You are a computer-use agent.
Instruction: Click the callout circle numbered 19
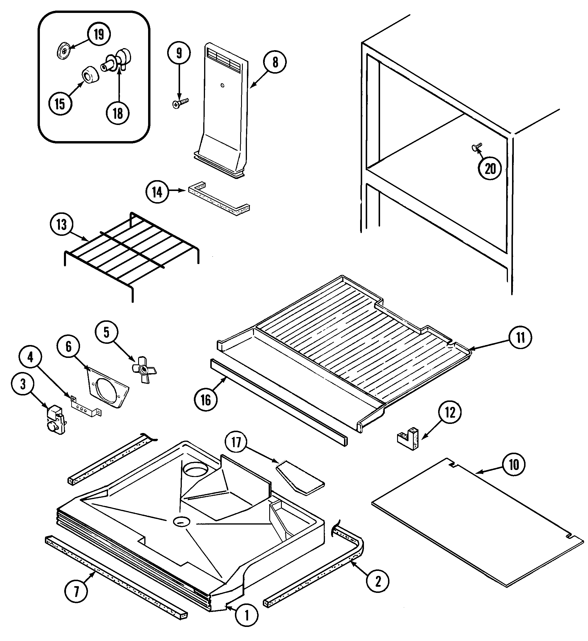point(99,34)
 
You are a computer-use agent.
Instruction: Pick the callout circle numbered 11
point(520,337)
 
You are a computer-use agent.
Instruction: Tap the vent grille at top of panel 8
point(222,59)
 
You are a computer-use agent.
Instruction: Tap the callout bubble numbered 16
point(206,400)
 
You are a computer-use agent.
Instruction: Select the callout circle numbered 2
point(378,581)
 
